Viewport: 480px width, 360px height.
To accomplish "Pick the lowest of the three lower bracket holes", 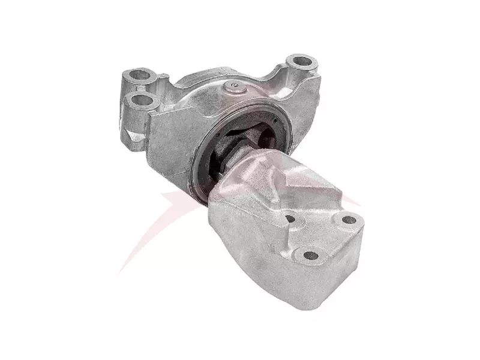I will point(311,255).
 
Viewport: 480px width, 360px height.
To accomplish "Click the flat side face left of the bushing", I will point(174,138).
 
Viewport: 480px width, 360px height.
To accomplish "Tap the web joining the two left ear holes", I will point(150,88).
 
